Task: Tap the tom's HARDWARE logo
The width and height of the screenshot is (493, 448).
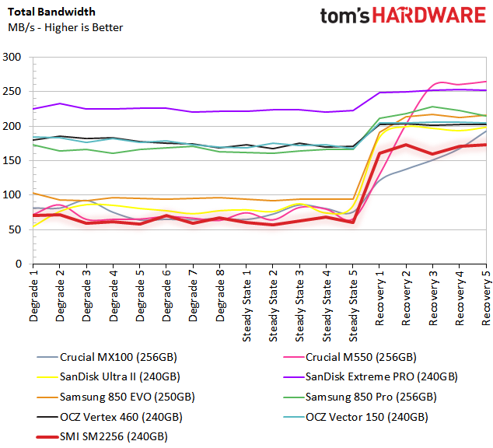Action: tap(404, 17)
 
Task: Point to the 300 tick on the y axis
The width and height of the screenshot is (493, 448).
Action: tap(12, 58)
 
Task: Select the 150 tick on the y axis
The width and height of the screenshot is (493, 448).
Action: tap(12, 161)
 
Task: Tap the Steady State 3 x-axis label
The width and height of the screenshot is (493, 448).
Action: tap(299, 303)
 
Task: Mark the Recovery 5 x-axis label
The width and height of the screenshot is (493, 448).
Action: tap(485, 296)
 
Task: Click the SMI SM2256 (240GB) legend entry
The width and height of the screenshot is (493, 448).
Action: tap(114, 436)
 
